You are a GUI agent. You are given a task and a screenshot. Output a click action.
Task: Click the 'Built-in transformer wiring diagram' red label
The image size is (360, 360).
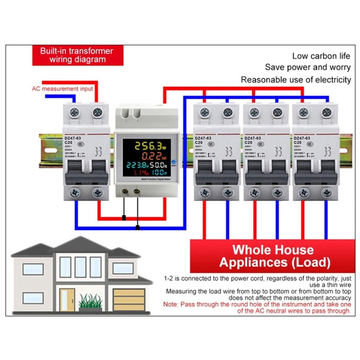[x=77, y=55]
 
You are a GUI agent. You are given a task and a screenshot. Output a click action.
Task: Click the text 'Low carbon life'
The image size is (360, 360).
[x=321, y=56]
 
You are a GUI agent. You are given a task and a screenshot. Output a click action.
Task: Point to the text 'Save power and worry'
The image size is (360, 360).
[x=308, y=67]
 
